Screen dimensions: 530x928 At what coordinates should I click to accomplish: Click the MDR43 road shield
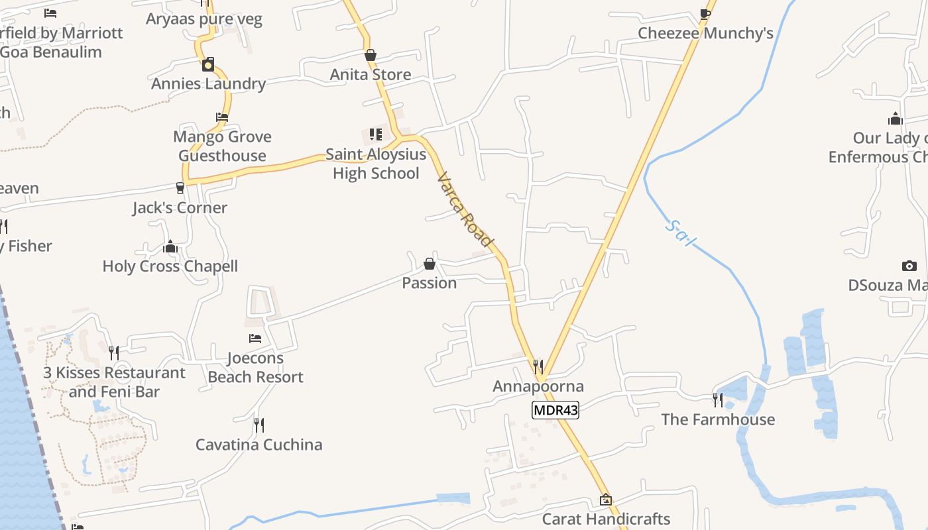click(555, 410)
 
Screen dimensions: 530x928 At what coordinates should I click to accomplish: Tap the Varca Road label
click(466, 209)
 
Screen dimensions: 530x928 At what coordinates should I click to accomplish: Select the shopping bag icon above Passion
click(430, 264)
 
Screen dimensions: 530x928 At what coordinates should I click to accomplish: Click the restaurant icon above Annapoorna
click(538, 366)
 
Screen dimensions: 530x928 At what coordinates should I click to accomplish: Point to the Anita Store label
click(371, 75)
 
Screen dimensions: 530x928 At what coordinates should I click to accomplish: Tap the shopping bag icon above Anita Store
click(371, 55)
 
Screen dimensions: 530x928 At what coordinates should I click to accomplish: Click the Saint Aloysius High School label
click(376, 164)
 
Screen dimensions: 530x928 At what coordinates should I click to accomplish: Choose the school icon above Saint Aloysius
click(376, 134)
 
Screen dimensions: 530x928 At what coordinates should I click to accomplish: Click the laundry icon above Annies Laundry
click(208, 64)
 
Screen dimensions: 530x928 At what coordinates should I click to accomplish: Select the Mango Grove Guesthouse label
click(222, 146)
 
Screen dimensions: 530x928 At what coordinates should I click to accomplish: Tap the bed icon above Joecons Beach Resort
click(255, 339)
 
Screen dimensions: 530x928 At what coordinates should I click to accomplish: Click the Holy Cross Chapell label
click(170, 266)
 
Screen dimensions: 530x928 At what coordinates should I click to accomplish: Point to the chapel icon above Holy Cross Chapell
click(170, 247)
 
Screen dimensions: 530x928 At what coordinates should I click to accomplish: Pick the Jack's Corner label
click(180, 208)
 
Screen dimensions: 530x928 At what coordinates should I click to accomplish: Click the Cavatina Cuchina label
click(259, 445)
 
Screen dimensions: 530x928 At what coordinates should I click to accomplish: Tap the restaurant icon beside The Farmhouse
click(718, 399)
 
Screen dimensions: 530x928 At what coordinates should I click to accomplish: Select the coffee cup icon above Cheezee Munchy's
click(705, 13)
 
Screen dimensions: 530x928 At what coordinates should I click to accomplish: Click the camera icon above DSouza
click(909, 266)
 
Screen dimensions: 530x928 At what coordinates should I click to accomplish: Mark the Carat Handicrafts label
click(607, 519)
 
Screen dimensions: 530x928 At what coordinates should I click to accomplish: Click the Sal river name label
click(679, 233)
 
